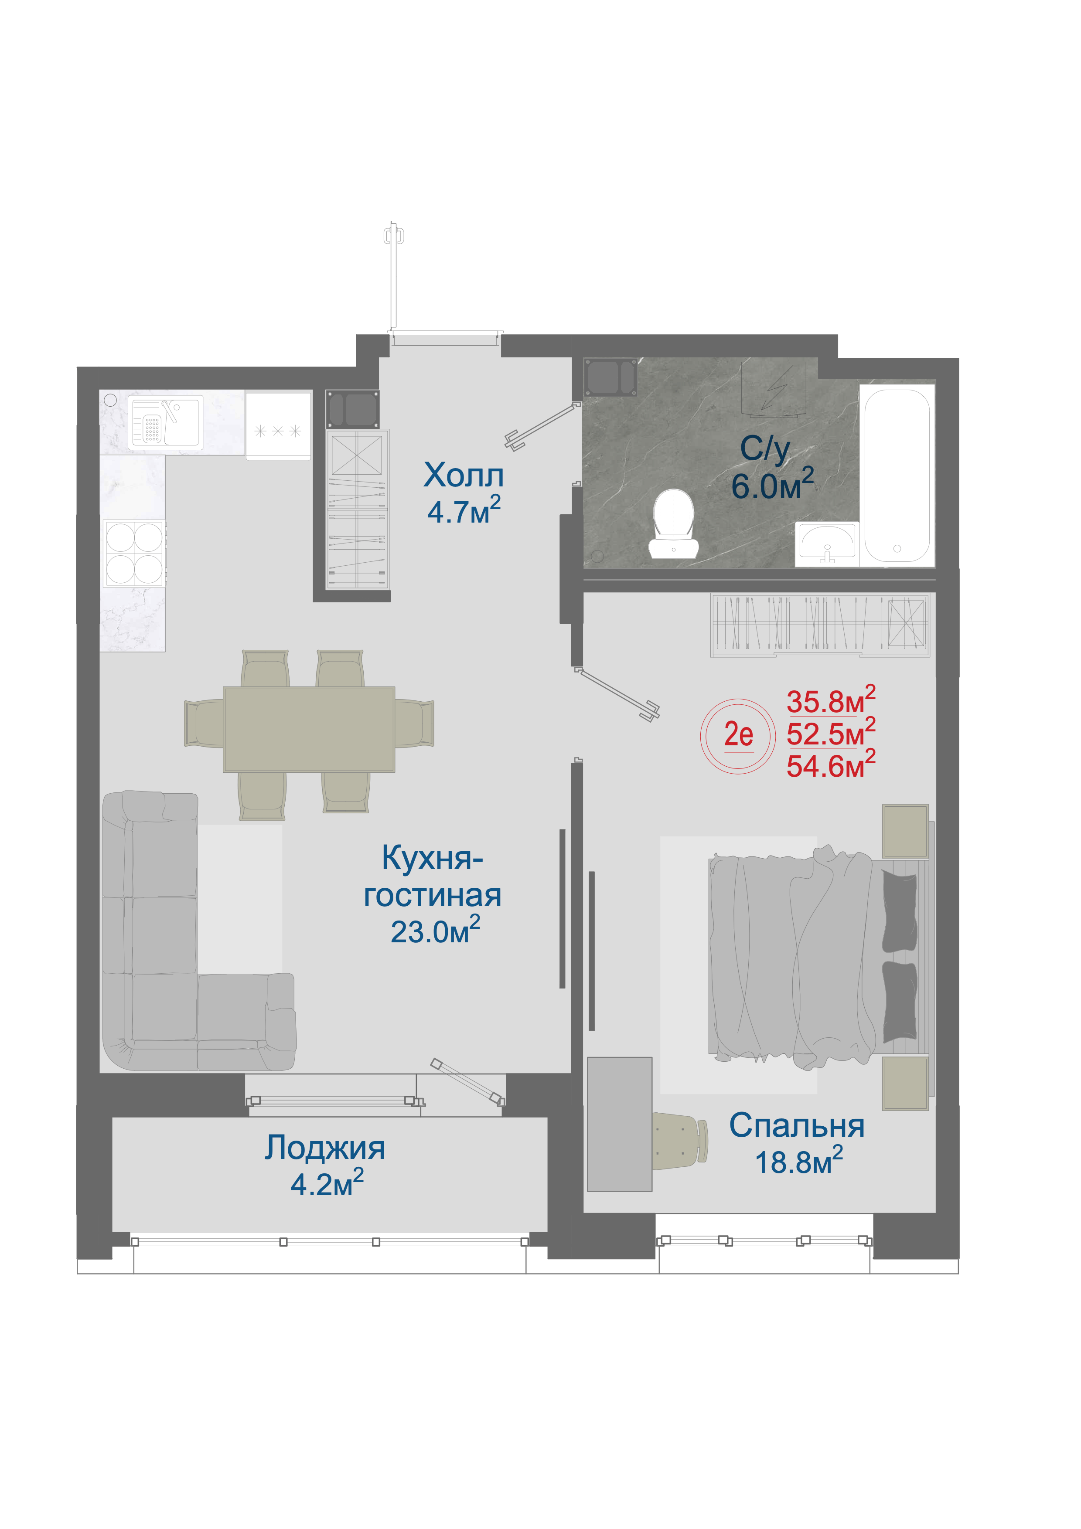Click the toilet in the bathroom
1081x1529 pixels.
click(x=674, y=525)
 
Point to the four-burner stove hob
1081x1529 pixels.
click(x=134, y=554)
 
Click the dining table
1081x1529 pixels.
click(x=309, y=729)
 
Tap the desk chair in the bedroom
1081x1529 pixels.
click(x=680, y=1143)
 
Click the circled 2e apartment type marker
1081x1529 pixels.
click(x=738, y=736)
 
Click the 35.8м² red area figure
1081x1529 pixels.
click(x=831, y=700)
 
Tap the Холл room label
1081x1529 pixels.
click(x=464, y=476)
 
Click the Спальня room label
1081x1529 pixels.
click(x=797, y=1125)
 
